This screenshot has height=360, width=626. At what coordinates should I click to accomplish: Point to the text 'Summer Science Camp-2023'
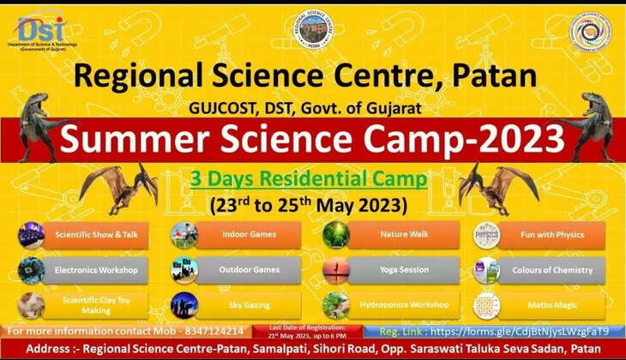coord(312,138)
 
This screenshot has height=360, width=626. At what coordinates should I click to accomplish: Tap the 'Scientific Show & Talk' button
coord(95,235)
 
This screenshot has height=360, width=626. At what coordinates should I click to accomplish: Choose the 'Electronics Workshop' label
coord(95,270)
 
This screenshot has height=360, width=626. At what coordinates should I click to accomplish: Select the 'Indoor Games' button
coord(250,235)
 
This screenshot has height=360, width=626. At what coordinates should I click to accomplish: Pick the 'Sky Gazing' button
coord(250,305)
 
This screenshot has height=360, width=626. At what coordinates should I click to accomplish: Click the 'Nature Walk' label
coord(404,235)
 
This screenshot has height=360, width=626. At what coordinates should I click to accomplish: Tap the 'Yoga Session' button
coord(404,270)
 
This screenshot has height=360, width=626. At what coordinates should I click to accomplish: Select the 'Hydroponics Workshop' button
coord(404,305)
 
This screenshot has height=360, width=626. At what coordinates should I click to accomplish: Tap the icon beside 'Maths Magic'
coord(486,305)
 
